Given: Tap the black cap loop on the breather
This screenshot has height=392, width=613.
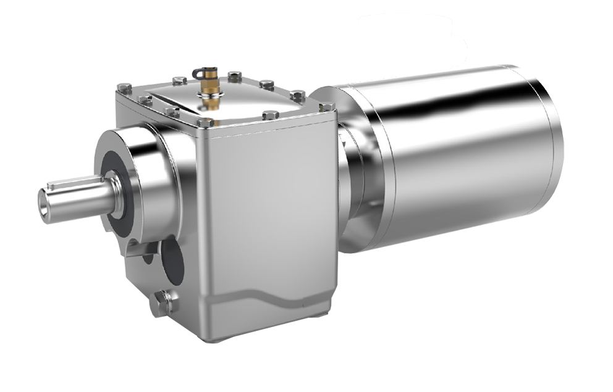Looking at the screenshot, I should [198, 73].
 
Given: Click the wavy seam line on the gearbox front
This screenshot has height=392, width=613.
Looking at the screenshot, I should [272, 294].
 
